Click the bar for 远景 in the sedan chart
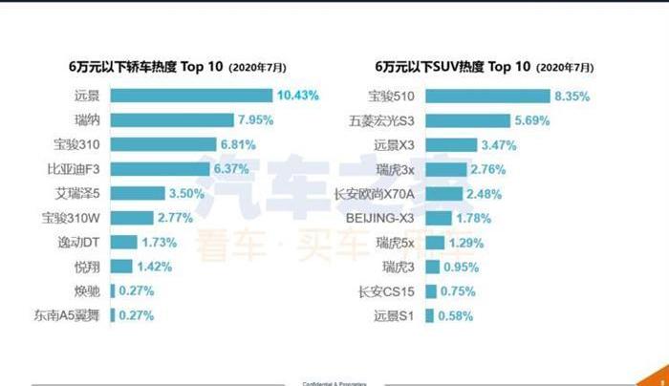(x=191, y=96)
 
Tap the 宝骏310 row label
(x=78, y=144)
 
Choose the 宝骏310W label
(x=74, y=218)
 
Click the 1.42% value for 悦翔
(x=154, y=267)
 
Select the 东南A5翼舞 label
(x=67, y=315)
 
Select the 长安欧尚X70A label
(x=375, y=194)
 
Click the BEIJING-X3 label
(x=380, y=218)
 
